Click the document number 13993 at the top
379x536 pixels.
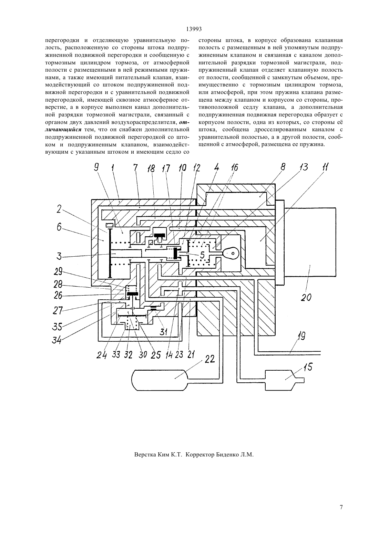pos(194,29)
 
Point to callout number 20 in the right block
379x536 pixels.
pos(306,297)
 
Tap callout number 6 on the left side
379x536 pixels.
pos(59,227)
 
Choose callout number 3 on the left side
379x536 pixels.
pos(59,256)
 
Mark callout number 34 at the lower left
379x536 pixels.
pos(57,340)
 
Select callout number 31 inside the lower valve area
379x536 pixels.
pos(164,331)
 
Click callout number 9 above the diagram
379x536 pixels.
pos(96,167)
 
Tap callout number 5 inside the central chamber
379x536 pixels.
pos(202,255)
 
